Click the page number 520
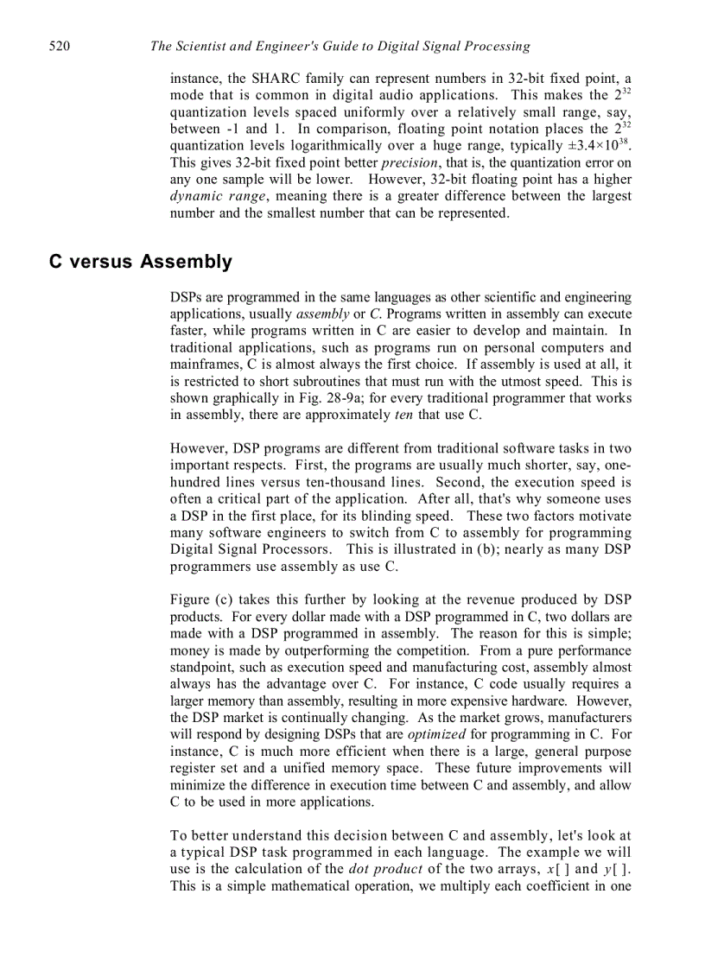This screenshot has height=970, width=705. pyautogui.click(x=60, y=47)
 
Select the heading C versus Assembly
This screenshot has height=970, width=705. pyautogui.click(x=140, y=262)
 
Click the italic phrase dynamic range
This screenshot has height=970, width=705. pyautogui.click(x=217, y=196)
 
